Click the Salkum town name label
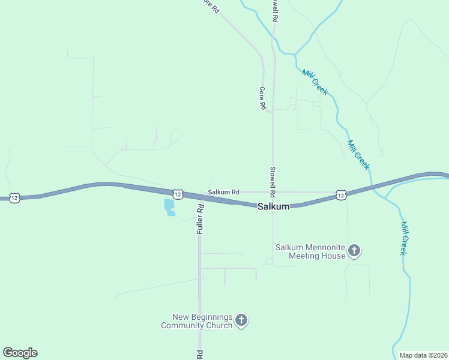[274, 206]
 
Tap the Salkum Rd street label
[223, 192]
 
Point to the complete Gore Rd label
[262, 98]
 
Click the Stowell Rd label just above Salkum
[273, 182]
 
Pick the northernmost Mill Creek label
[315, 82]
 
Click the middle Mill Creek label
[358, 154]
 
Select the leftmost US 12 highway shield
[16, 197]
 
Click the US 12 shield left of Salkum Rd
[178, 194]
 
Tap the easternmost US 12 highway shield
[341, 194]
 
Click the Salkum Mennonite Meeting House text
[310, 251]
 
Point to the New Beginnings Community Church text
[196, 321]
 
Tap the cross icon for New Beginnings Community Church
[241, 320]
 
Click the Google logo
[20, 353]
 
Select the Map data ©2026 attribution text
[423, 355]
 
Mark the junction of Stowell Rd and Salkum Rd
[273, 193]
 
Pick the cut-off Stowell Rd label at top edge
[274, 11]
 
